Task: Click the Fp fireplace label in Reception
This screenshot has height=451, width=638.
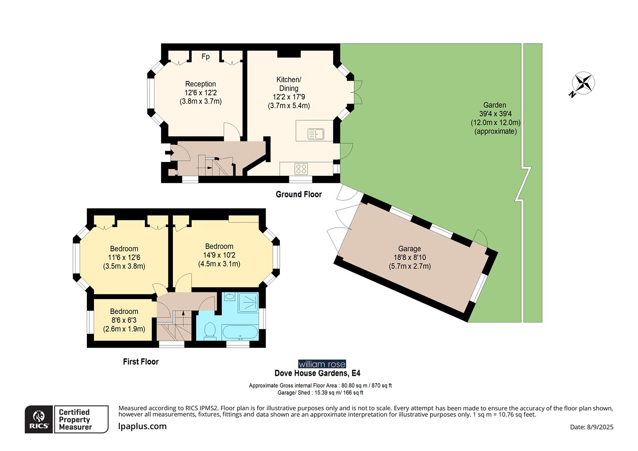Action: point(205,56)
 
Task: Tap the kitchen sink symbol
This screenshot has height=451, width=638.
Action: point(316,134)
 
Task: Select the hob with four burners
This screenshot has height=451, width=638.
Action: point(301,169)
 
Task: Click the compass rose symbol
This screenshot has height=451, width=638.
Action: point(583,83)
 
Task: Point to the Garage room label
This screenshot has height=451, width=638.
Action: point(409,248)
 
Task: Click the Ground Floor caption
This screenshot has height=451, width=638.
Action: point(299,194)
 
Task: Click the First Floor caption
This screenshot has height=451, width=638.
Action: point(141,362)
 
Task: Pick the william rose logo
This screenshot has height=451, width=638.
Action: point(322,364)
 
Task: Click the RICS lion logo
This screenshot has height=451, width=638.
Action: point(39,419)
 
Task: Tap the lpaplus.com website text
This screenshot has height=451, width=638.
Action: point(142,426)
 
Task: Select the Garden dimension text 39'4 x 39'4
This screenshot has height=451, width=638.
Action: point(495,114)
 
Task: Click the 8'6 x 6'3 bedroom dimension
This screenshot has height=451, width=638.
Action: point(124,320)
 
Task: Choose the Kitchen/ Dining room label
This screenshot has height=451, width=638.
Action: point(289,84)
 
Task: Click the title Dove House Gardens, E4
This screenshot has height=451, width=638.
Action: point(317,373)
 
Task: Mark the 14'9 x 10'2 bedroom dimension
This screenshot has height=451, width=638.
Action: point(219,255)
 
